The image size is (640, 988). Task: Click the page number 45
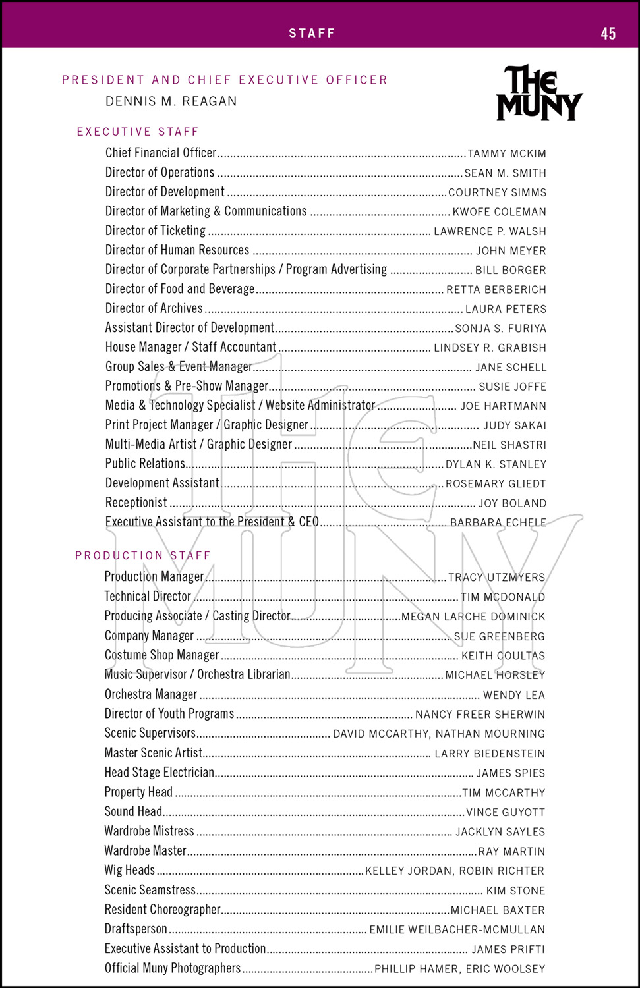click(x=608, y=34)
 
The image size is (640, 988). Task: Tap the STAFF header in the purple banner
click(x=312, y=33)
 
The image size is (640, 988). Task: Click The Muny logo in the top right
click(x=539, y=93)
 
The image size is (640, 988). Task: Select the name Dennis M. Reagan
click(x=171, y=101)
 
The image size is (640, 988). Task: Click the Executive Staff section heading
click(x=138, y=132)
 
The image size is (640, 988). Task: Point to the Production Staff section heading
click(x=143, y=555)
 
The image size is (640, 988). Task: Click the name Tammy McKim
click(x=507, y=154)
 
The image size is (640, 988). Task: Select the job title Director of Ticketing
click(x=156, y=231)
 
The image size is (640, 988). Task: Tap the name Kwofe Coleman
click(x=499, y=212)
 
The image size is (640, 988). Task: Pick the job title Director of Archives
click(x=154, y=308)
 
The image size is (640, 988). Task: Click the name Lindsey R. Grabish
click(x=490, y=348)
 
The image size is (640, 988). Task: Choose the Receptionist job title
click(x=136, y=503)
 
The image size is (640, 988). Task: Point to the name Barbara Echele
click(x=498, y=522)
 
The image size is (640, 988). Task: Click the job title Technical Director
click(x=148, y=597)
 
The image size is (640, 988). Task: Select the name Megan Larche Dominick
click(x=473, y=617)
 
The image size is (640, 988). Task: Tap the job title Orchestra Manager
click(x=151, y=694)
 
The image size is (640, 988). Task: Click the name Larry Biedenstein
click(x=490, y=754)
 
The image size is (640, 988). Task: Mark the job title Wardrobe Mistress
click(x=150, y=831)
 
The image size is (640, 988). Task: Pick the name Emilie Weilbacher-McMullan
click(x=457, y=930)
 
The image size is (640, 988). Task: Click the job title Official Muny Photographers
click(x=173, y=968)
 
